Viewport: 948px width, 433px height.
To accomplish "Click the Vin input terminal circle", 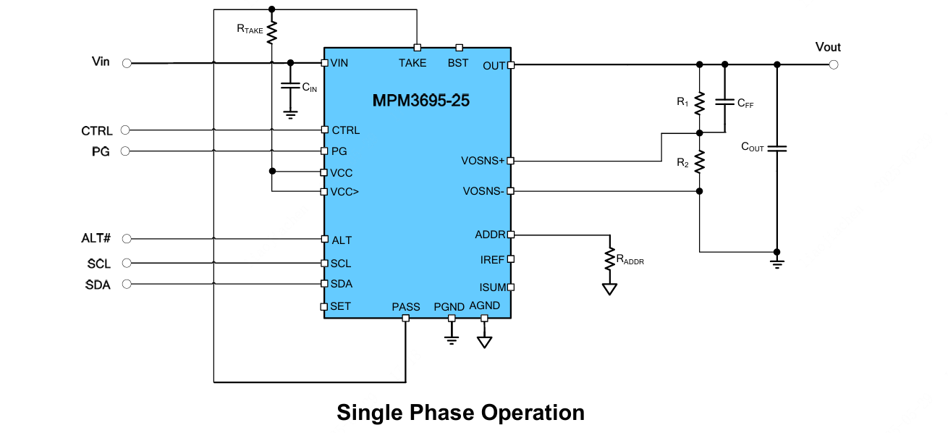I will point(127,64).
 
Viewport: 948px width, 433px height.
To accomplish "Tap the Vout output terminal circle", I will point(834,65).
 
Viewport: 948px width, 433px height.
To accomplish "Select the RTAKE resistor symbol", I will point(272,32).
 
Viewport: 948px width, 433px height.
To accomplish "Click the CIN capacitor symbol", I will point(290,85).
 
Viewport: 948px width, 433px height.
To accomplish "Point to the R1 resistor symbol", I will point(699,103).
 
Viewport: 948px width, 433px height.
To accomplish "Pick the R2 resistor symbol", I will point(699,162).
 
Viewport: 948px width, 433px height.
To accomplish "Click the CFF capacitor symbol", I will point(724,102).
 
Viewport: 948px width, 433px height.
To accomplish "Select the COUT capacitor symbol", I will point(776,148).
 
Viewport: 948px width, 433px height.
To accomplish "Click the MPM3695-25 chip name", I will point(420,101).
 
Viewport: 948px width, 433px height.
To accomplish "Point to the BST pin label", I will point(457,63).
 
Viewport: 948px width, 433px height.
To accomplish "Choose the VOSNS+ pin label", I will point(483,161).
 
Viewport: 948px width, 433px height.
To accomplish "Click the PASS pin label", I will point(405,307).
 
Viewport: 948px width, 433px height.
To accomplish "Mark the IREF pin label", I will point(492,260).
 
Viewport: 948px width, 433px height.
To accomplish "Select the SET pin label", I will point(341,306).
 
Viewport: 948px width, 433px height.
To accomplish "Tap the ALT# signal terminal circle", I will point(127,239).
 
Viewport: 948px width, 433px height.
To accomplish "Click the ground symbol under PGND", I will point(452,338).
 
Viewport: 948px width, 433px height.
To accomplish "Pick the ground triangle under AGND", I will point(484,341).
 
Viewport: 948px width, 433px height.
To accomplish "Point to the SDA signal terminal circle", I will point(127,285).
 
